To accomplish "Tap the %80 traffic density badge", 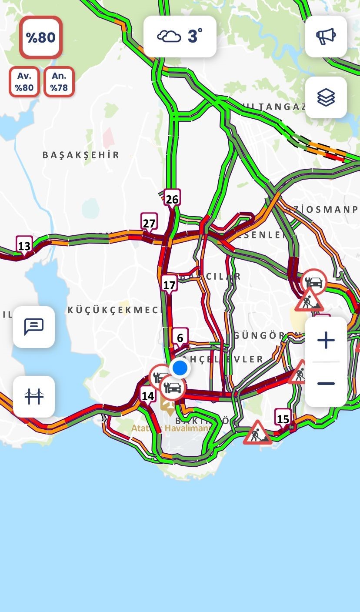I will pos(41,37).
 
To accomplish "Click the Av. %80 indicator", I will pos(24,81).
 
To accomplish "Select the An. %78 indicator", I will pos(59,81).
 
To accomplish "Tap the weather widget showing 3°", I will pos(180,37).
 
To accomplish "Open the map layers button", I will pos(326,97).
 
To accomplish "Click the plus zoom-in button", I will pos(326,340).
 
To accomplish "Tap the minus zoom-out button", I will pos(326,384).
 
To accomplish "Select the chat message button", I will pos(34,327).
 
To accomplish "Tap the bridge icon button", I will pos(34,396).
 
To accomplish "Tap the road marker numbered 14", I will pos(148,396).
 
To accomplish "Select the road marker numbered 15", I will pos(283,419).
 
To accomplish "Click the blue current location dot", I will pos(180,368).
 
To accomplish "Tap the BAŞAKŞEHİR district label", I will pos(81,155).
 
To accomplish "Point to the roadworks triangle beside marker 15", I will pos(257,432).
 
